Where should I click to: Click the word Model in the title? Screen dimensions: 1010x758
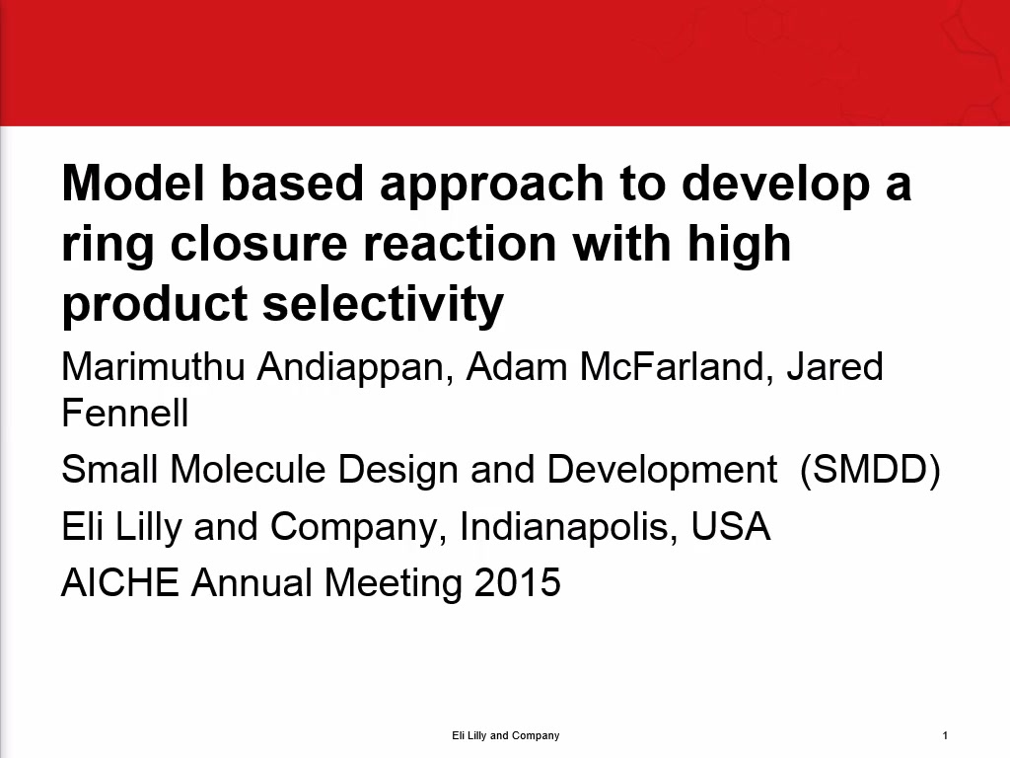pos(133,183)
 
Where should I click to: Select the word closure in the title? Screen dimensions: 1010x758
pos(259,244)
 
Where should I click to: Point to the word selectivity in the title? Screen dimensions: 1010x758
pos(383,306)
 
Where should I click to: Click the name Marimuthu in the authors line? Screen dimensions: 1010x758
pos(153,367)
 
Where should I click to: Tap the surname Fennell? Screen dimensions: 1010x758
pos(125,414)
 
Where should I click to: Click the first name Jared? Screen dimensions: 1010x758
pos(834,367)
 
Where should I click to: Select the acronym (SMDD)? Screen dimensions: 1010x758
pos(870,470)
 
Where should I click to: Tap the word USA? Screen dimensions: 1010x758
pos(731,526)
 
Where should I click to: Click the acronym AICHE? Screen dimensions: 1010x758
pos(119,582)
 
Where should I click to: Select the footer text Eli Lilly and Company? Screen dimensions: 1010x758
pos(506,735)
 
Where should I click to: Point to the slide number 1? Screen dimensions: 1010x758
pos(945,735)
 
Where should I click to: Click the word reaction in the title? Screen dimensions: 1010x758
pos(460,244)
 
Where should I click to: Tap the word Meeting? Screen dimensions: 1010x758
pos(393,585)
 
